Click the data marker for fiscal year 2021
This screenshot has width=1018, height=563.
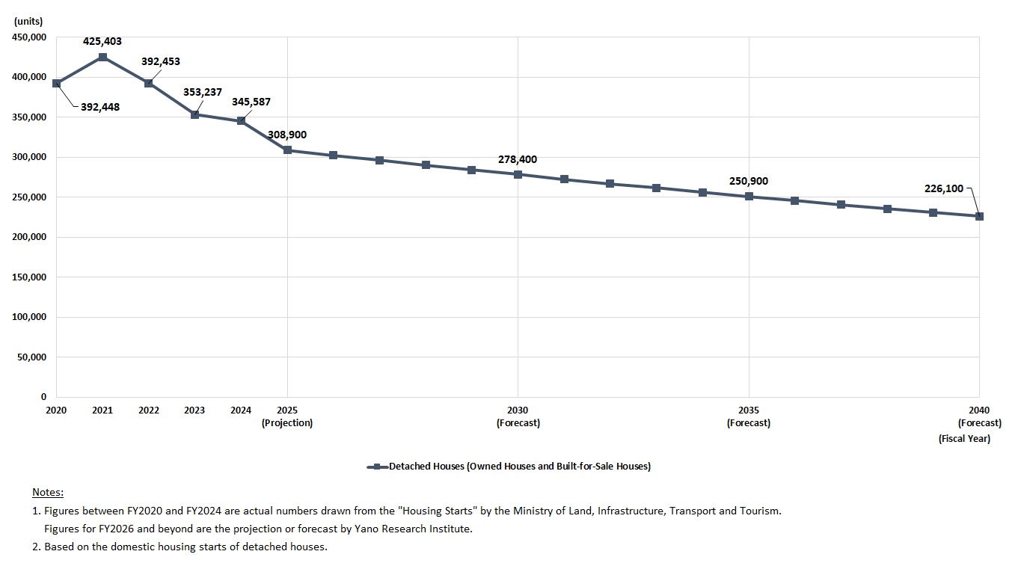coord(102,57)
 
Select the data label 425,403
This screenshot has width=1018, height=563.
coord(102,42)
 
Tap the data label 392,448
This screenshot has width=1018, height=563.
coord(100,107)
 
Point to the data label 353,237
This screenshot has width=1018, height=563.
coord(203,93)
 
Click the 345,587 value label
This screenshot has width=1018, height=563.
coord(251,102)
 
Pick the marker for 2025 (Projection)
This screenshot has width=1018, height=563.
coord(287,150)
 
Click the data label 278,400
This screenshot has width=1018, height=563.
coord(518,160)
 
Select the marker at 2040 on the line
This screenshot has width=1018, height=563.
coord(979,216)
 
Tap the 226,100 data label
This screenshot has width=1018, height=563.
coord(944,188)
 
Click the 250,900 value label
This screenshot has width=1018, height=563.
coord(749,182)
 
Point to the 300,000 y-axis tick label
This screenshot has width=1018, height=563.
coord(29,157)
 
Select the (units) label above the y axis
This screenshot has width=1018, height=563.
coord(28,22)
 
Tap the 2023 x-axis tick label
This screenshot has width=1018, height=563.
coord(194,410)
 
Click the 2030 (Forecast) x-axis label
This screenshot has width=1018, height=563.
coord(518,416)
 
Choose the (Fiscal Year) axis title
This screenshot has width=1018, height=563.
coord(964,439)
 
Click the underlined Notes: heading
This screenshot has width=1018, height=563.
coord(48,493)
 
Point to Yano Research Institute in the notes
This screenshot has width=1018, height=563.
coord(417,529)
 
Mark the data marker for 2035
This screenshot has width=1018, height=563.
coord(749,197)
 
